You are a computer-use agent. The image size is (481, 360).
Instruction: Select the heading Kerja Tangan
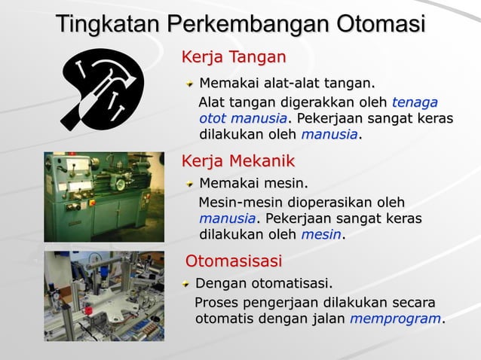click(x=234, y=56)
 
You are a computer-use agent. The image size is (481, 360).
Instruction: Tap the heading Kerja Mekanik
click(x=238, y=161)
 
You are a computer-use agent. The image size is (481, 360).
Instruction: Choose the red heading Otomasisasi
click(x=234, y=261)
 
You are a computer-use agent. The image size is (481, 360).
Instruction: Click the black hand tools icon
click(x=102, y=89)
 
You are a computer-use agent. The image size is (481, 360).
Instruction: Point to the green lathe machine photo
click(x=103, y=197)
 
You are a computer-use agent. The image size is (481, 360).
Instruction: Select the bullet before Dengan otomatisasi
click(x=187, y=284)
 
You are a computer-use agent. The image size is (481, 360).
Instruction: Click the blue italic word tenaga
click(x=415, y=102)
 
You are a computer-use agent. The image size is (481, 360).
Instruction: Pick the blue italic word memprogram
click(x=396, y=319)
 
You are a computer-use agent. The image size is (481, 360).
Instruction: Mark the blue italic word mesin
click(x=321, y=235)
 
